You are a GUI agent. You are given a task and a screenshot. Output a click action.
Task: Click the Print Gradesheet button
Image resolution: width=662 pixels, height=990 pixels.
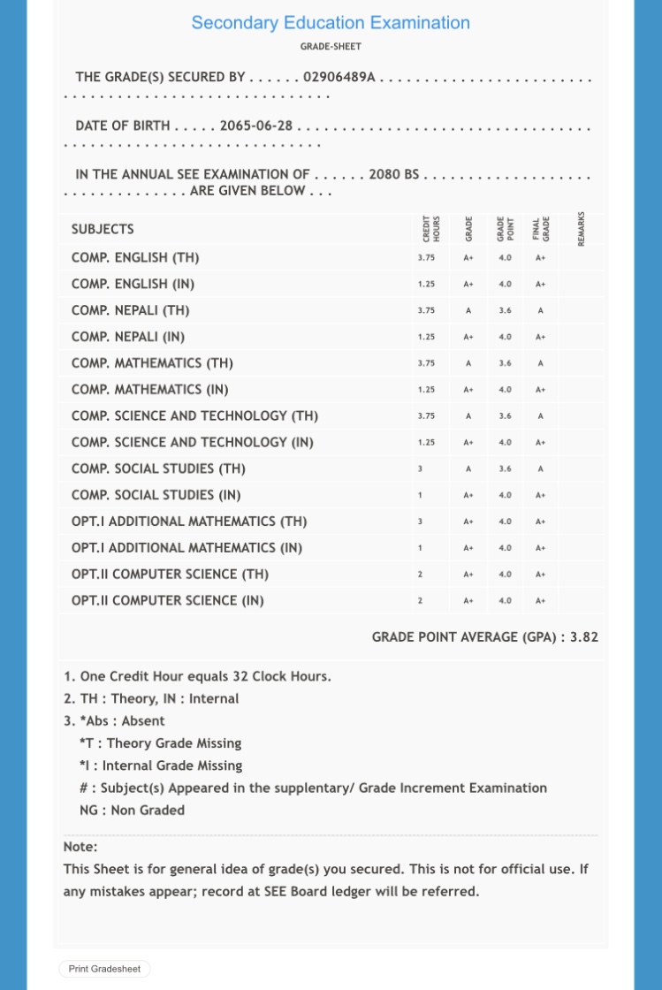104,969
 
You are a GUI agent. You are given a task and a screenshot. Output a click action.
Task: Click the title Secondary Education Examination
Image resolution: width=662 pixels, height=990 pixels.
331,23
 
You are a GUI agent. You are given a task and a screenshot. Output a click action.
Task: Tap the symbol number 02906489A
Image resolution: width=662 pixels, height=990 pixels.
339,77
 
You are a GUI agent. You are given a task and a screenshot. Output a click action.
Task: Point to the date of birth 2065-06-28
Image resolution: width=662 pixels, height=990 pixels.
255,126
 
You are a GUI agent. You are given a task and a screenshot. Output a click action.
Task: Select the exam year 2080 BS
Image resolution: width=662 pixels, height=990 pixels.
393,174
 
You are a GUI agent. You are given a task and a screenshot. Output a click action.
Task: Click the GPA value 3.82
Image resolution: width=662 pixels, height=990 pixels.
583,636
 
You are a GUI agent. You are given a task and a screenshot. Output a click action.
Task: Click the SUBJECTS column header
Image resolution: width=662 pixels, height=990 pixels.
103,229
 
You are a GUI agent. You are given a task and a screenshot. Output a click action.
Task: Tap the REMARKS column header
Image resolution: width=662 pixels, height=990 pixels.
581,228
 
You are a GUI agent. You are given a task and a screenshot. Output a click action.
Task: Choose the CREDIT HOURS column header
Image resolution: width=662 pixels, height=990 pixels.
431,228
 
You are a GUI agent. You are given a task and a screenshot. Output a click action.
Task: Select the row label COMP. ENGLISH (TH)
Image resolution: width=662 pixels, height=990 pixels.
135,257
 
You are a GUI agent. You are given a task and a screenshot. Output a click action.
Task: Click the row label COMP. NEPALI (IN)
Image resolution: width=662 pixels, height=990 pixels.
128,337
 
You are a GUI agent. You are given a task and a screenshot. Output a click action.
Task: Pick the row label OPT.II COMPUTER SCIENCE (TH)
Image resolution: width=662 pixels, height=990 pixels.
170,574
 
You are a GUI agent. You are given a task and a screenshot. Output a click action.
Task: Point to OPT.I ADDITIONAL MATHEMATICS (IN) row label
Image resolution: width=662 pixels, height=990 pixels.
186,547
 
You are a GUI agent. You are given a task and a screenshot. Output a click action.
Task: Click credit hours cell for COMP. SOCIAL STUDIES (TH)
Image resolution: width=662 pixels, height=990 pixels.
420,468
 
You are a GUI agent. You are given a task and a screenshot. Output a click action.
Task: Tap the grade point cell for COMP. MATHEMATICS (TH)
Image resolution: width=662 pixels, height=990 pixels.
505,363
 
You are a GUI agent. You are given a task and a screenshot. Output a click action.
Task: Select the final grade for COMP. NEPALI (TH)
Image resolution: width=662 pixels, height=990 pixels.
540,310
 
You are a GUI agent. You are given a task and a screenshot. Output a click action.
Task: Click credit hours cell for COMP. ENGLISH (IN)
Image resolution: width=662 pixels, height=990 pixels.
426,284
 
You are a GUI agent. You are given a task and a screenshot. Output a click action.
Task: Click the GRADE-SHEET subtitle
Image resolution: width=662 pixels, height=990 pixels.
331,47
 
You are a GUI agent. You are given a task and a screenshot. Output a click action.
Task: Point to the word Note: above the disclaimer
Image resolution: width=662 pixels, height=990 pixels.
80,847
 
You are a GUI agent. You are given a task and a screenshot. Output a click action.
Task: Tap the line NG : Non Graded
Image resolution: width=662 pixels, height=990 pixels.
132,810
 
